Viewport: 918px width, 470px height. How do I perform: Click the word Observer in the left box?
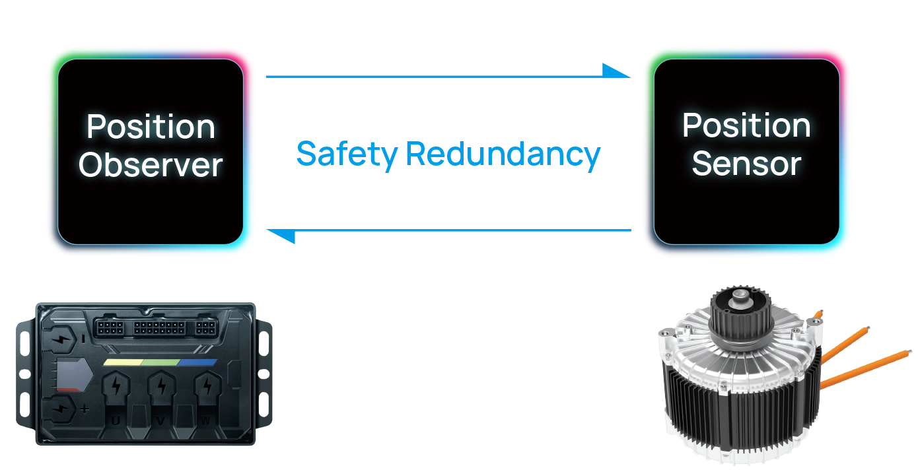coord(151,165)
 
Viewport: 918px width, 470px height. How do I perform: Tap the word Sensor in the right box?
coord(746,164)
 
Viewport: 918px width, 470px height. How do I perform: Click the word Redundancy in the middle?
coord(502,154)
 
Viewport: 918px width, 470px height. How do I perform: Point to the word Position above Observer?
coord(151,127)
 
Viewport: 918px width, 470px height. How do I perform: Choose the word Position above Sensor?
coord(746,125)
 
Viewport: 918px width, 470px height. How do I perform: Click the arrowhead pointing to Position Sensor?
coord(618,71)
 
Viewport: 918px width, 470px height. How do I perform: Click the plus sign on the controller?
coord(85,409)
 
